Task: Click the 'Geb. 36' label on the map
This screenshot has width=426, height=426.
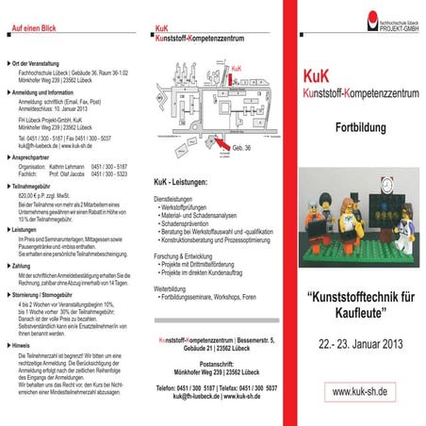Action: coord(241,149)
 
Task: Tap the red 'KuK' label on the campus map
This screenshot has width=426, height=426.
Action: coord(237,69)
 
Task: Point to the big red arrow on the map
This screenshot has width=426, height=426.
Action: coord(220,142)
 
